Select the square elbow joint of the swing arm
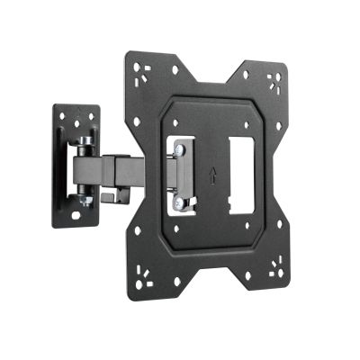coord(120,170)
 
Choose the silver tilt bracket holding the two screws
coord(183,175)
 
